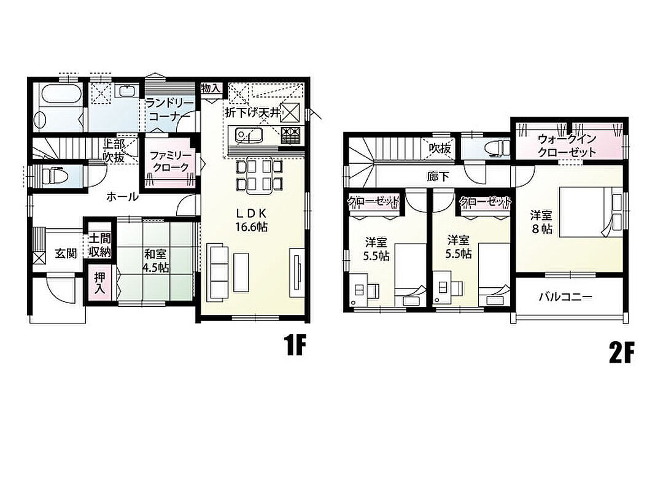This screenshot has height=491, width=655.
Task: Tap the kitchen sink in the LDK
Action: [249, 135]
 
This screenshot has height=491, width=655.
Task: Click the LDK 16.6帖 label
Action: [252, 220]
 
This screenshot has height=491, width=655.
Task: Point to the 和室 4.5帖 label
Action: [155, 260]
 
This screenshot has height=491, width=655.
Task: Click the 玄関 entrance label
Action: [66, 253]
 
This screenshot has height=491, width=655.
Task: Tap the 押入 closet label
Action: [99, 283]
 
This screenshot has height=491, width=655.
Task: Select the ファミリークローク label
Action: [170, 161]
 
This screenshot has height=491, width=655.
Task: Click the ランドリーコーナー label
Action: [169, 109]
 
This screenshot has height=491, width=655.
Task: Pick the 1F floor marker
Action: [295, 345]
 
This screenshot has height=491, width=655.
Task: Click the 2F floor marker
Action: [622, 353]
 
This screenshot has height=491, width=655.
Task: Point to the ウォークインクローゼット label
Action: [567, 144]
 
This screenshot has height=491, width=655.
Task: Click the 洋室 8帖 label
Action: [542, 222]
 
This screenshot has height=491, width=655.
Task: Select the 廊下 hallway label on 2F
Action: [438, 177]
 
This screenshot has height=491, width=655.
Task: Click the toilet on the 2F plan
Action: [498, 147]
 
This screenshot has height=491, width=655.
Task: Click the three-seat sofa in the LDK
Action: [218, 273]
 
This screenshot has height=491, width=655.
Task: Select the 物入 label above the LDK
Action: [211, 88]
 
